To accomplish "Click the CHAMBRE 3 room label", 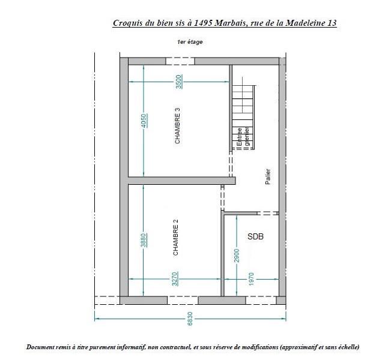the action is (x=177, y=125).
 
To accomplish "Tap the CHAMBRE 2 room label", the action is (x=176, y=238).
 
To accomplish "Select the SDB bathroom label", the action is (x=255, y=236).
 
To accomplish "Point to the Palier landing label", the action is (x=268, y=176).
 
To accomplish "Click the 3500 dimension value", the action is (x=179, y=82).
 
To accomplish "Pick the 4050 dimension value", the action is (x=144, y=121).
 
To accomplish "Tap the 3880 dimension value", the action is (x=144, y=240).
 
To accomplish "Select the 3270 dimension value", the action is (x=175, y=279).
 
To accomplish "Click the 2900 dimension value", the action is (x=237, y=256).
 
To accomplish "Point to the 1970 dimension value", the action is (x=251, y=279).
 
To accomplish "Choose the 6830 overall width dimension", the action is (x=190, y=319).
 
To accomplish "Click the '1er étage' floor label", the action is (x=190, y=42).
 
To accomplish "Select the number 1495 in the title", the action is (x=203, y=23).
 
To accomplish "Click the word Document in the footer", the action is (x=38, y=347).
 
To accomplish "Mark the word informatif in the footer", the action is (x=132, y=347).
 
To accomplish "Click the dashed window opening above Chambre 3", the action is (x=180, y=61).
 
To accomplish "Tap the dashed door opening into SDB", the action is (x=268, y=213).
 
